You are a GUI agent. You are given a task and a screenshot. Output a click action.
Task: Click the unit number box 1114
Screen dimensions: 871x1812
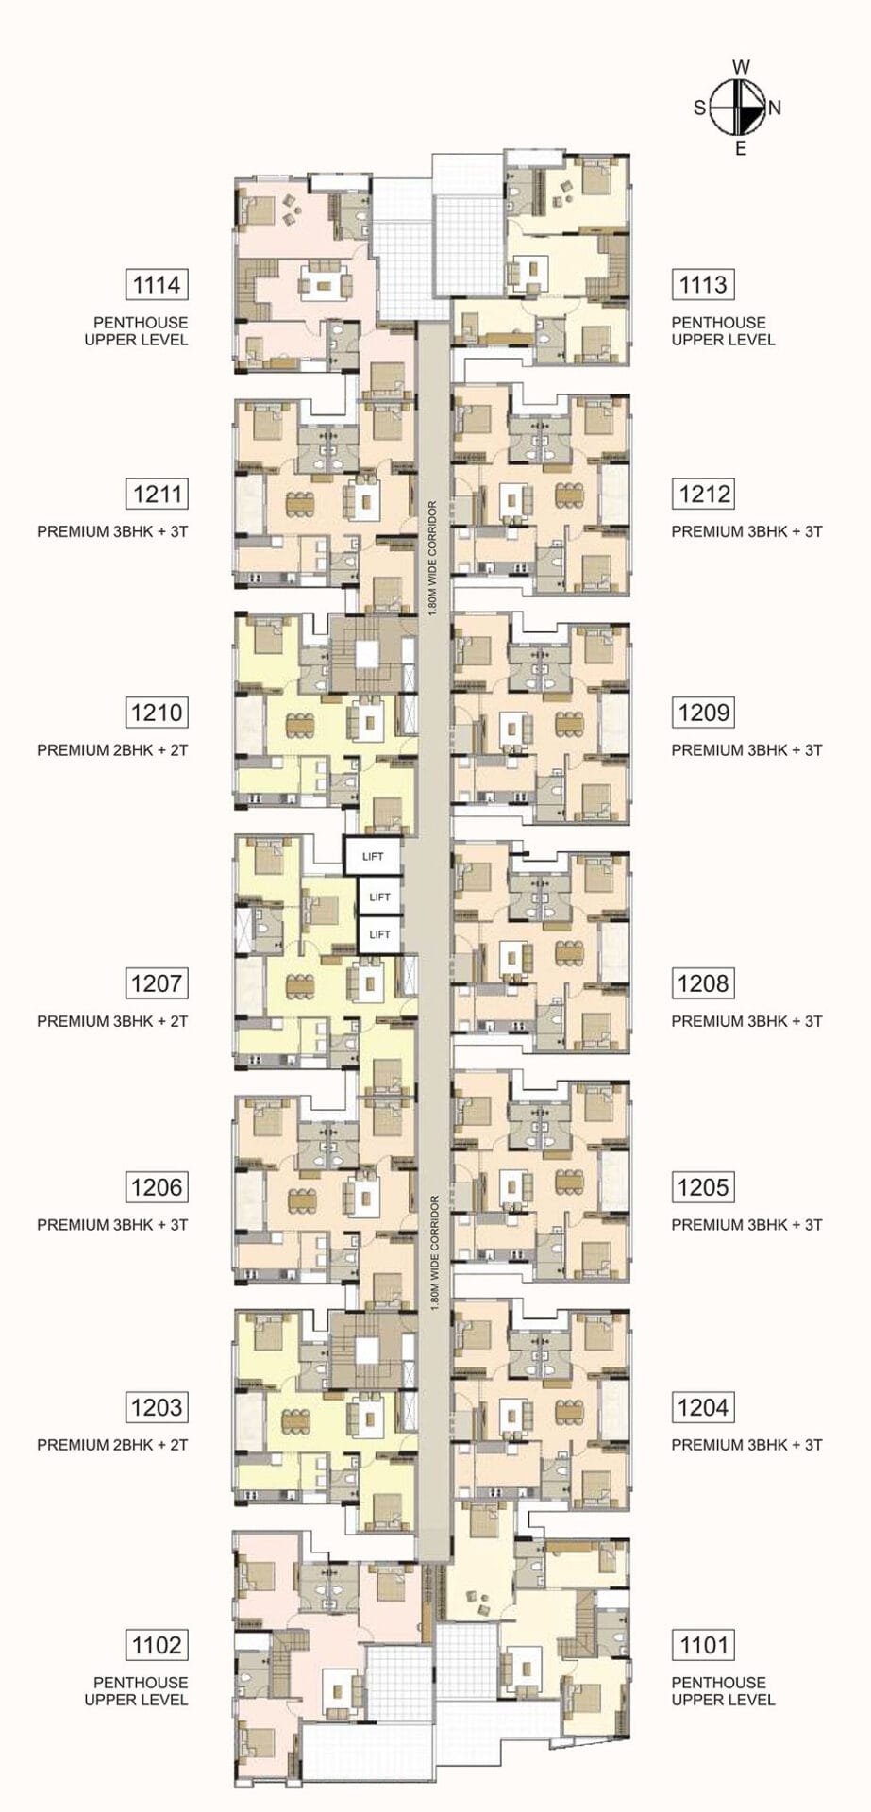click(158, 284)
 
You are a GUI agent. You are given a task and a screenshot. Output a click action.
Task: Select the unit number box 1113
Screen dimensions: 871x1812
click(703, 284)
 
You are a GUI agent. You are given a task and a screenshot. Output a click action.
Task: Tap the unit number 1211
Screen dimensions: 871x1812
click(158, 494)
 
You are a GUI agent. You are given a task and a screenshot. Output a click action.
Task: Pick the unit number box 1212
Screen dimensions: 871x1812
click(703, 494)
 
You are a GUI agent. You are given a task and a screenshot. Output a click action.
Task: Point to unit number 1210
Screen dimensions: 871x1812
click(158, 713)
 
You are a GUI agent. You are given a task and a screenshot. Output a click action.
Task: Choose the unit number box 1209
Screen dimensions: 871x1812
click(703, 713)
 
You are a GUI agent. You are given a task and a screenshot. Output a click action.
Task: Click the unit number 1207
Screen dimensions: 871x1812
click(158, 983)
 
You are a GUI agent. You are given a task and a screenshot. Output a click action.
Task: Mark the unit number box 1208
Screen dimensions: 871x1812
click(703, 983)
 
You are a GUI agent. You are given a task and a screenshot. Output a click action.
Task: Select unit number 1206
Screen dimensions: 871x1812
click(158, 1186)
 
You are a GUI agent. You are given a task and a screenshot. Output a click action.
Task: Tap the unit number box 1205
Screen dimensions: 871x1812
click(703, 1186)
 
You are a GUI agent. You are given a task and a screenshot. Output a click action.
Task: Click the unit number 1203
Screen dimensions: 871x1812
click(158, 1407)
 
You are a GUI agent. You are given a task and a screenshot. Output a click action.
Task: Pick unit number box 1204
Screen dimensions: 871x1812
click(703, 1407)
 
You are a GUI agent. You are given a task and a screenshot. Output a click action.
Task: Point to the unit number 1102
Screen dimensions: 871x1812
click(158, 1645)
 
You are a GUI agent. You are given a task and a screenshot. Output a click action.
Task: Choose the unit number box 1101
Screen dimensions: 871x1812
click(703, 1645)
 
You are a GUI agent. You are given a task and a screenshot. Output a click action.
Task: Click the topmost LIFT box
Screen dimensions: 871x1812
click(373, 857)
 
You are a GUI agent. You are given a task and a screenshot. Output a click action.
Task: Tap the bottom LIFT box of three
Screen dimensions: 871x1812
click(379, 934)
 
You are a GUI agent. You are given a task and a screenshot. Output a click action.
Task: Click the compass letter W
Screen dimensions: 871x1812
click(742, 66)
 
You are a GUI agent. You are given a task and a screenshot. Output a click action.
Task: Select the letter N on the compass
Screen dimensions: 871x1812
click(775, 108)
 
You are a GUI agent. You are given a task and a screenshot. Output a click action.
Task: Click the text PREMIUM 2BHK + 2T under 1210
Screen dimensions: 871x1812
click(113, 750)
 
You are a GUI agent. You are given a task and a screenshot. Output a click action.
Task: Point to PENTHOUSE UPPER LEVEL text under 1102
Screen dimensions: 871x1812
click(137, 1691)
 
